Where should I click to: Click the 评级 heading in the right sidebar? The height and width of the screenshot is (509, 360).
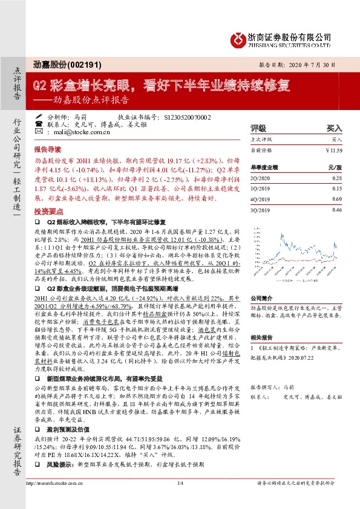pos(258,129)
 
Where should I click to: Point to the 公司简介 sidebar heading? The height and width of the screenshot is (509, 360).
pos(262,298)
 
